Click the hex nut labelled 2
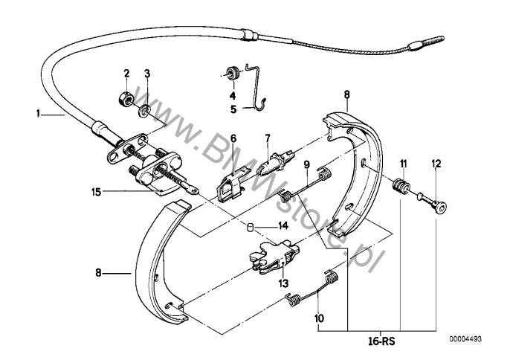point(125,97)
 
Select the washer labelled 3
point(144,112)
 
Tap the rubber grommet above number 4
point(233,73)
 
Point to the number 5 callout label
point(233,109)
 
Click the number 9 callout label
point(307,164)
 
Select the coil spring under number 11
point(401,188)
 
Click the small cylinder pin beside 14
point(250,227)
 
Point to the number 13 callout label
point(283,283)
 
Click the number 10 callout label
point(319,318)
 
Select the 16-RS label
point(381,341)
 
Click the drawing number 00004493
point(465,339)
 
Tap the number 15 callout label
point(97,192)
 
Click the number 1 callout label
point(38,114)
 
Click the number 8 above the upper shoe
point(346,94)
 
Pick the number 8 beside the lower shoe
point(99,272)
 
